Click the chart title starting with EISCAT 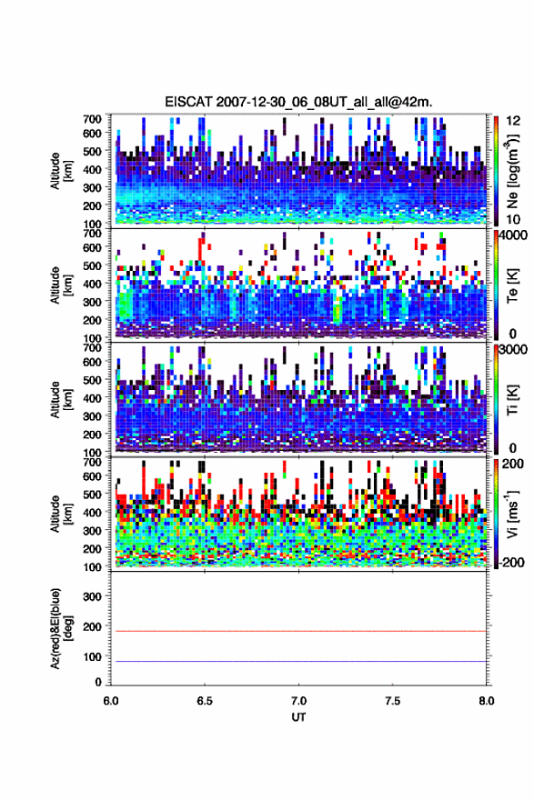298,102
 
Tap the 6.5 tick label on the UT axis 205,701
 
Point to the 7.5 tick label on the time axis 393,701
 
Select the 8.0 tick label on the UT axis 487,701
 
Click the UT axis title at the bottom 298,717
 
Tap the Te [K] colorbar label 512,286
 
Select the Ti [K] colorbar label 512,400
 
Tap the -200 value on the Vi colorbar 511,562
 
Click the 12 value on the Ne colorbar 514,121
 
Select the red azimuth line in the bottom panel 298,631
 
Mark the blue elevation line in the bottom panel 298,661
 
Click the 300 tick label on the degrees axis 93,596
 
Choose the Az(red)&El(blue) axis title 61,629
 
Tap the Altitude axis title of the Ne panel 61,171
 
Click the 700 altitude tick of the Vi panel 93,463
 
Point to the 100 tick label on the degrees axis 93,656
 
